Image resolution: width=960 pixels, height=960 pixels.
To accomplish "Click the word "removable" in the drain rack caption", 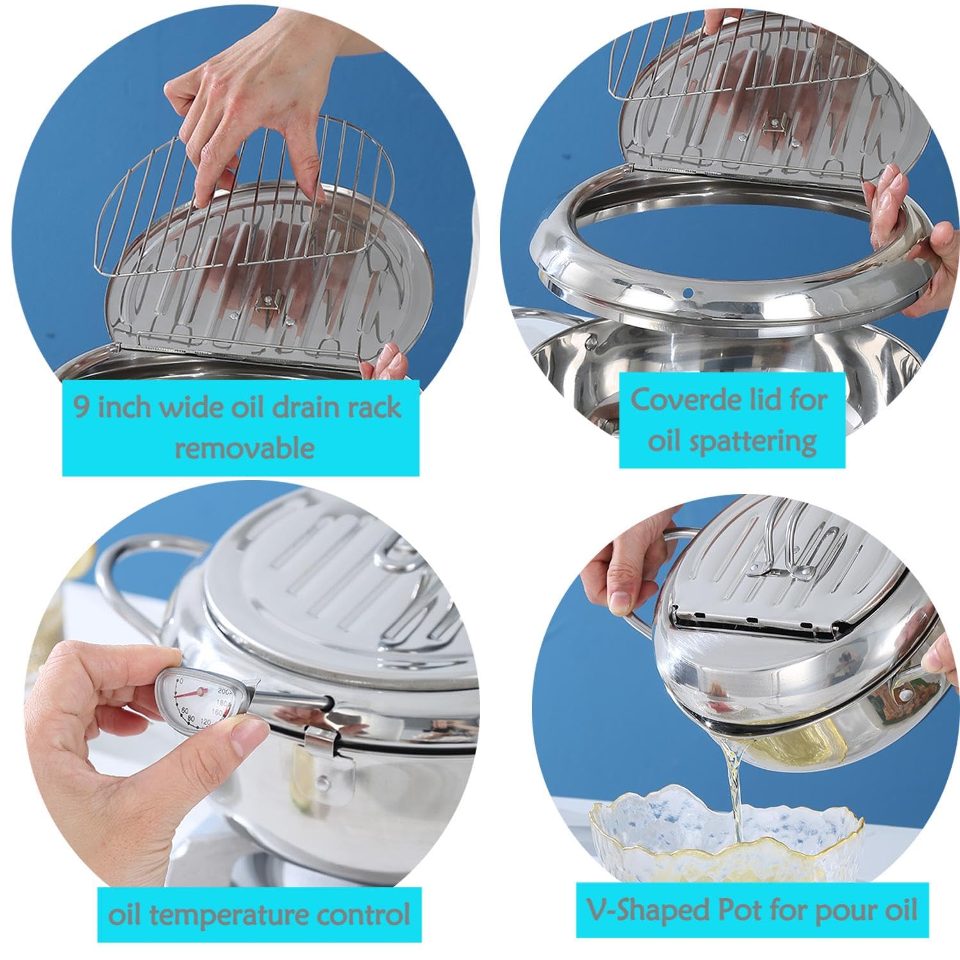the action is (244, 447).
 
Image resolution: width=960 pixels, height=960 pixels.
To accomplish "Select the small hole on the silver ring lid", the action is (688, 294).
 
